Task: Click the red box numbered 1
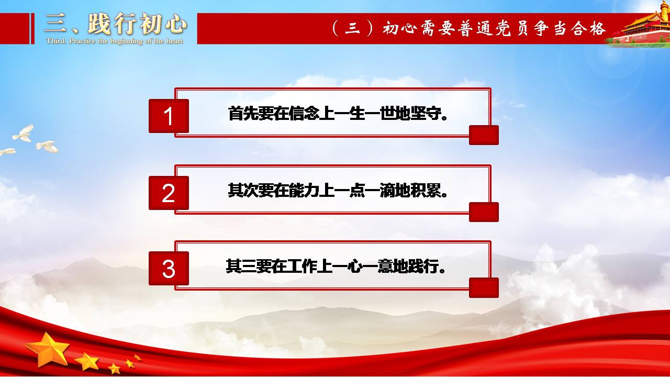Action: tap(169, 116)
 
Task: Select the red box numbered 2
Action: tap(169, 193)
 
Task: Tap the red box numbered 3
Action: tap(169, 269)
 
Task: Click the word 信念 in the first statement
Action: tap(304, 114)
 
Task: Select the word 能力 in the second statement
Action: tap(304, 190)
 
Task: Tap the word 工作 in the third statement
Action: tap(302, 266)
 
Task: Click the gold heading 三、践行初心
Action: tap(116, 24)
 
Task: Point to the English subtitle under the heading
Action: tap(115, 41)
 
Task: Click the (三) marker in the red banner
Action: tap(353, 28)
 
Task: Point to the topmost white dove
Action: tap(24, 134)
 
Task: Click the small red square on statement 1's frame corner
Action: tap(484, 135)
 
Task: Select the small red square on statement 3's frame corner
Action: tap(484, 288)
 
